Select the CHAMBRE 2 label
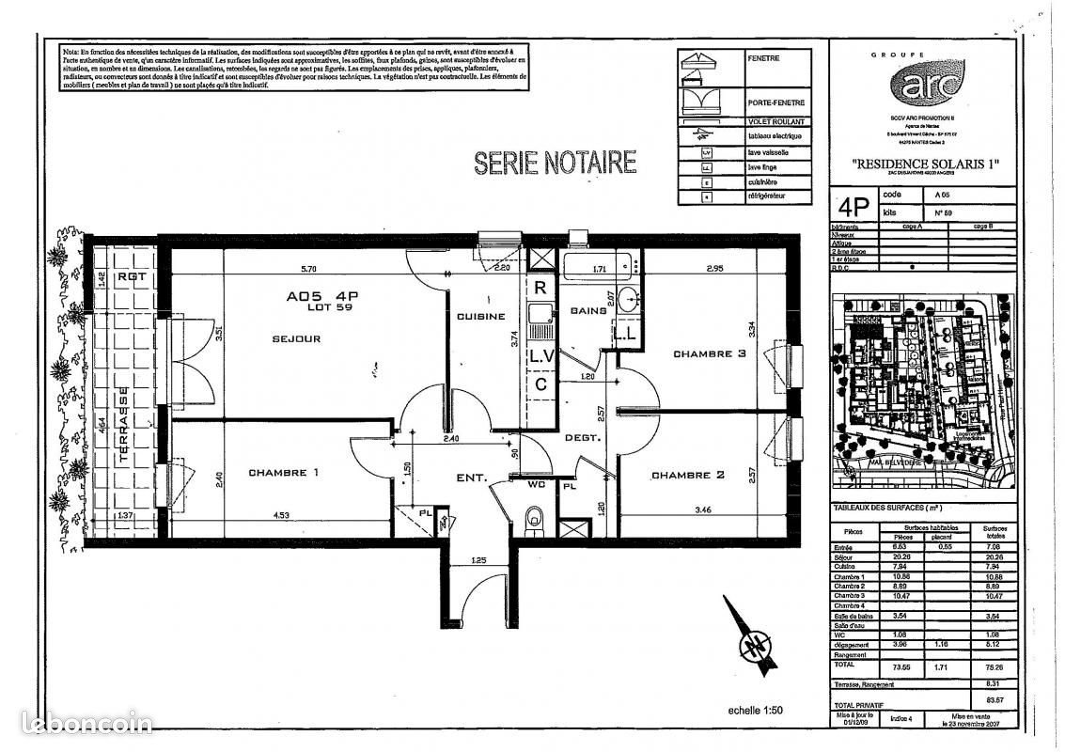(x=688, y=476)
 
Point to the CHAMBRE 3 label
(x=709, y=354)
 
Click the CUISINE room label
(x=481, y=317)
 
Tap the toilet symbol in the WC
(x=535, y=516)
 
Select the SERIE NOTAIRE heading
(x=555, y=163)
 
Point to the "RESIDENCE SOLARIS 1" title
(x=925, y=164)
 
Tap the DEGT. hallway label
(x=576, y=438)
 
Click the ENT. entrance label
(x=471, y=478)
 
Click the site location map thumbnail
(x=923, y=389)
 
